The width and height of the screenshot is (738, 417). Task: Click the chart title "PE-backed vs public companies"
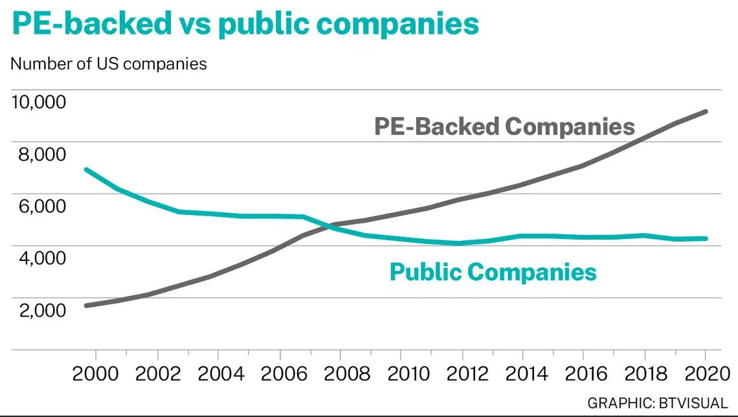click(245, 24)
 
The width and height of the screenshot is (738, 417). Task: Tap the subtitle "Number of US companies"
click(109, 64)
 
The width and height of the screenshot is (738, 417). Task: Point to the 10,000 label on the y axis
click(39, 102)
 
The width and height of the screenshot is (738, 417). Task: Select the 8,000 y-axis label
click(39, 154)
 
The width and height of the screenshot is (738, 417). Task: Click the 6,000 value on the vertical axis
click(39, 206)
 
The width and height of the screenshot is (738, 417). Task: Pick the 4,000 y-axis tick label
click(39, 258)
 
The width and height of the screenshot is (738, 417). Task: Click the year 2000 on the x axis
click(96, 374)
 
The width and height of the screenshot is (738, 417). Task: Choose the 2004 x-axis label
click(218, 374)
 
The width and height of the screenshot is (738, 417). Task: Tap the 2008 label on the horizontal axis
click(340, 374)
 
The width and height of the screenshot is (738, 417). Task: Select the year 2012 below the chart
click(462, 374)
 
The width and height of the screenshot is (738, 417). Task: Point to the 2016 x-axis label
click(583, 374)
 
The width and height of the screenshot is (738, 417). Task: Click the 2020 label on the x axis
click(704, 374)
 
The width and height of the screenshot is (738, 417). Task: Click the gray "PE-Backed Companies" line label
click(504, 126)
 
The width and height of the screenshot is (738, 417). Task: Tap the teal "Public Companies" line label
click(493, 271)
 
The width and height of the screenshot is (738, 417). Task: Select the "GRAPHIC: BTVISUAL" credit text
click(657, 402)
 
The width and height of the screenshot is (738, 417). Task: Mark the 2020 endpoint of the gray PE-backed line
click(706, 111)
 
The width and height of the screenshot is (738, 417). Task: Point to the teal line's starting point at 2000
click(86, 170)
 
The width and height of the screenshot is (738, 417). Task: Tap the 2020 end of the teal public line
click(706, 238)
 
